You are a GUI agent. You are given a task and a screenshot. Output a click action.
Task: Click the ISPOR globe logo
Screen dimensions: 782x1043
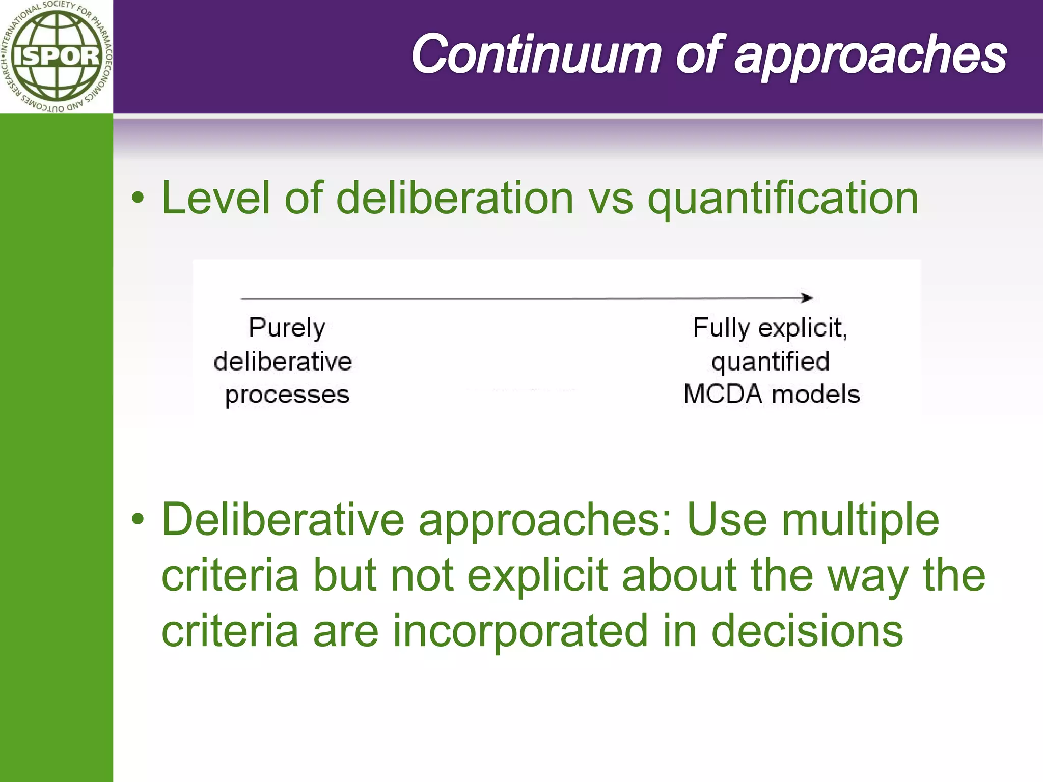tap(56, 56)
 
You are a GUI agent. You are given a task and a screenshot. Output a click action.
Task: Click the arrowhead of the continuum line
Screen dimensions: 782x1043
tap(807, 298)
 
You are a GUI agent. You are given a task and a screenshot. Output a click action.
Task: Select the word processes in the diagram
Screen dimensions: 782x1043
tap(287, 395)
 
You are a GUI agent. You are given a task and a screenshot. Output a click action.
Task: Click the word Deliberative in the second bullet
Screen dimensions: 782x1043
tap(283, 519)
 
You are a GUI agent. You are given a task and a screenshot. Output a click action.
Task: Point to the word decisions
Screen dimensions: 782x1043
tap(807, 631)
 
